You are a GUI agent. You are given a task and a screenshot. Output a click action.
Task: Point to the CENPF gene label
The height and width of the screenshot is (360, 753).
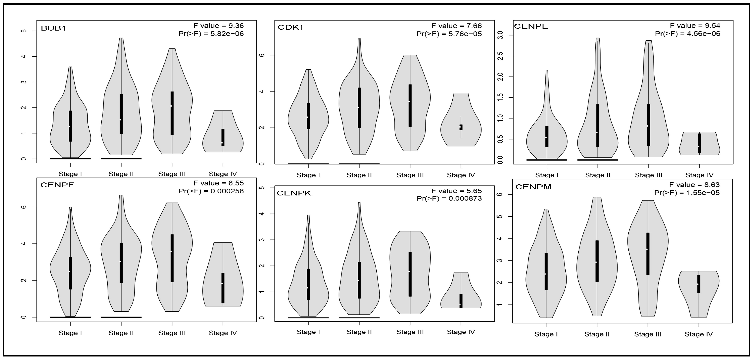click(x=57, y=185)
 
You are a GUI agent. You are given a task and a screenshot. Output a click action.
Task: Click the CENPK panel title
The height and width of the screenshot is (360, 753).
click(x=294, y=193)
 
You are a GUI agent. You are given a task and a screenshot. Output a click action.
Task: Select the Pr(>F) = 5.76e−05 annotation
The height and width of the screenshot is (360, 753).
click(x=449, y=34)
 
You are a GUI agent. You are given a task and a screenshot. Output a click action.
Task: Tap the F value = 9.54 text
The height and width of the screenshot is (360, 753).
click(x=695, y=26)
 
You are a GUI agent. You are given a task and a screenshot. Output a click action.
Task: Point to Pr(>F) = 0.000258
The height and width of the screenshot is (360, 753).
click(x=211, y=191)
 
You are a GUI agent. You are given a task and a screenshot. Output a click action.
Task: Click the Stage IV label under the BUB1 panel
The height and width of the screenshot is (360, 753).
click(x=223, y=174)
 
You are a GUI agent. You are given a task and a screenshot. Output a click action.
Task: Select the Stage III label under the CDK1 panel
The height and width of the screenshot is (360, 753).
click(x=410, y=175)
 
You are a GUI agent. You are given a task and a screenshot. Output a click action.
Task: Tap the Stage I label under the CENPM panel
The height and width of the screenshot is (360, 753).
click(x=546, y=334)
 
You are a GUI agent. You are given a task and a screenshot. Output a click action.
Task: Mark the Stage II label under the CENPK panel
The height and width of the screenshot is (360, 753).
click(x=359, y=332)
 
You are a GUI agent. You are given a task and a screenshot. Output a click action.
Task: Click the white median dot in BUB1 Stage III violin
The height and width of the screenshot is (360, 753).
click(x=171, y=106)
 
